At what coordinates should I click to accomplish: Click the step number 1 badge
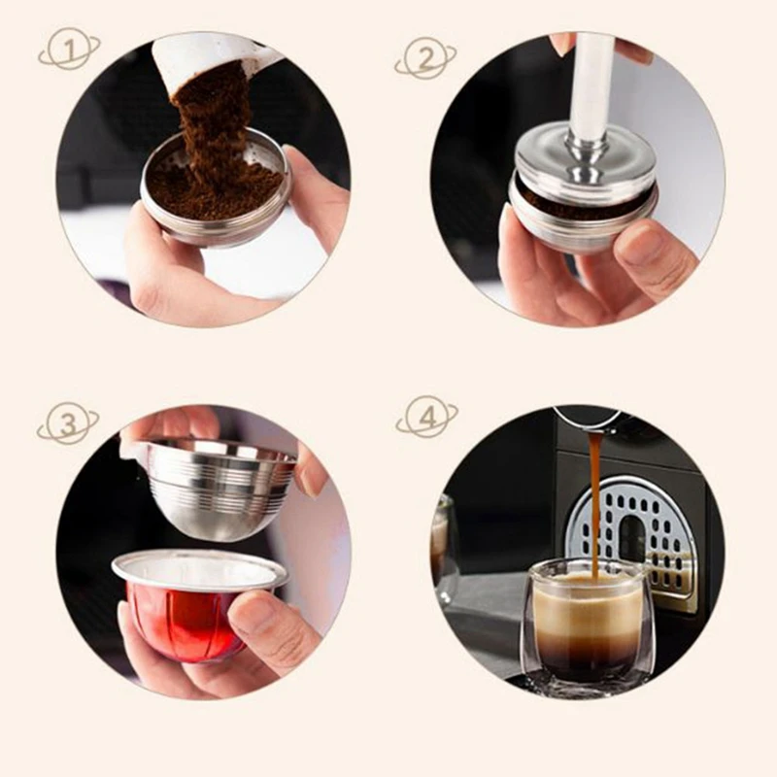point(69,49)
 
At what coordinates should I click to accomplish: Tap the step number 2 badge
point(424,57)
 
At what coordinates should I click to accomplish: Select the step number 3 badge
point(67,424)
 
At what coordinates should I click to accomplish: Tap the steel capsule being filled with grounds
point(215,209)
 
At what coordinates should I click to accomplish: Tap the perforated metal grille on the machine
point(636,524)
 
